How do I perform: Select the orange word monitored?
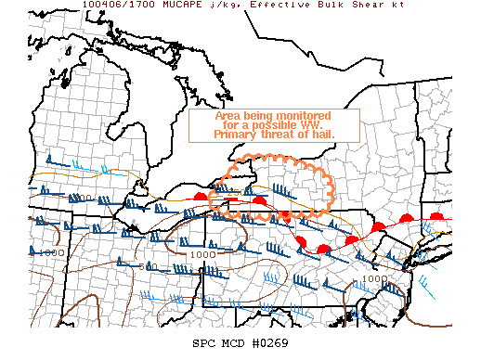[302, 115]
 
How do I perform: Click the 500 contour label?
[145, 266]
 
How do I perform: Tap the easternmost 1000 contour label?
[374, 277]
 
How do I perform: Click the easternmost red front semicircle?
[437, 217]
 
